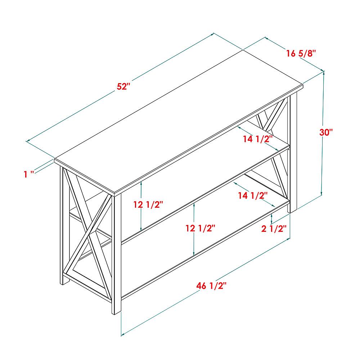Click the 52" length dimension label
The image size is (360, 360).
(123, 86)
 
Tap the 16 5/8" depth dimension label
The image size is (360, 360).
(301, 54)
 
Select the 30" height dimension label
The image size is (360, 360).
(326, 132)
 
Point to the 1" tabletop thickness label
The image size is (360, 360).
(29, 174)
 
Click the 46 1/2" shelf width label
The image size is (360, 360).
(211, 286)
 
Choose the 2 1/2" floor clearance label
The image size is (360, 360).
(274, 229)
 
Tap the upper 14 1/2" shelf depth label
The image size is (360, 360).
(258, 139)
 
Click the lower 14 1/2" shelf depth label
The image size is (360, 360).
(253, 195)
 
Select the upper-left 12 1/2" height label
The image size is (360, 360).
(148, 204)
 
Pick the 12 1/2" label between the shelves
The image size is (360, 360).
(201, 228)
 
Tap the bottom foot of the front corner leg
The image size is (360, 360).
(116, 313)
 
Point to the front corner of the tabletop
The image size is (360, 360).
(114, 193)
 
